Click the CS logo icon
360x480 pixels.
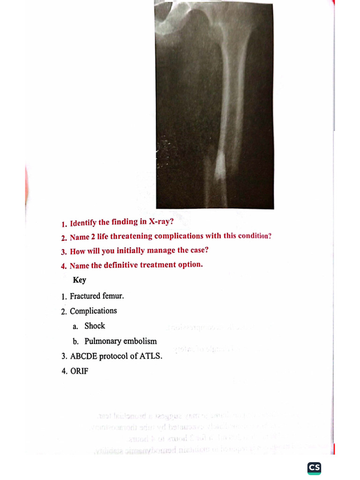(314, 468)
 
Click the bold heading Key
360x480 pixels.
(79, 280)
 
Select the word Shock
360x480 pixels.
(95, 326)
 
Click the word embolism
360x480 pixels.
(140, 341)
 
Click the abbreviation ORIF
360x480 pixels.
(79, 371)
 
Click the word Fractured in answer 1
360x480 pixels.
(85, 296)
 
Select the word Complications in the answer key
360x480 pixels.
(93, 311)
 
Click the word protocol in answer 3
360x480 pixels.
(113, 356)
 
